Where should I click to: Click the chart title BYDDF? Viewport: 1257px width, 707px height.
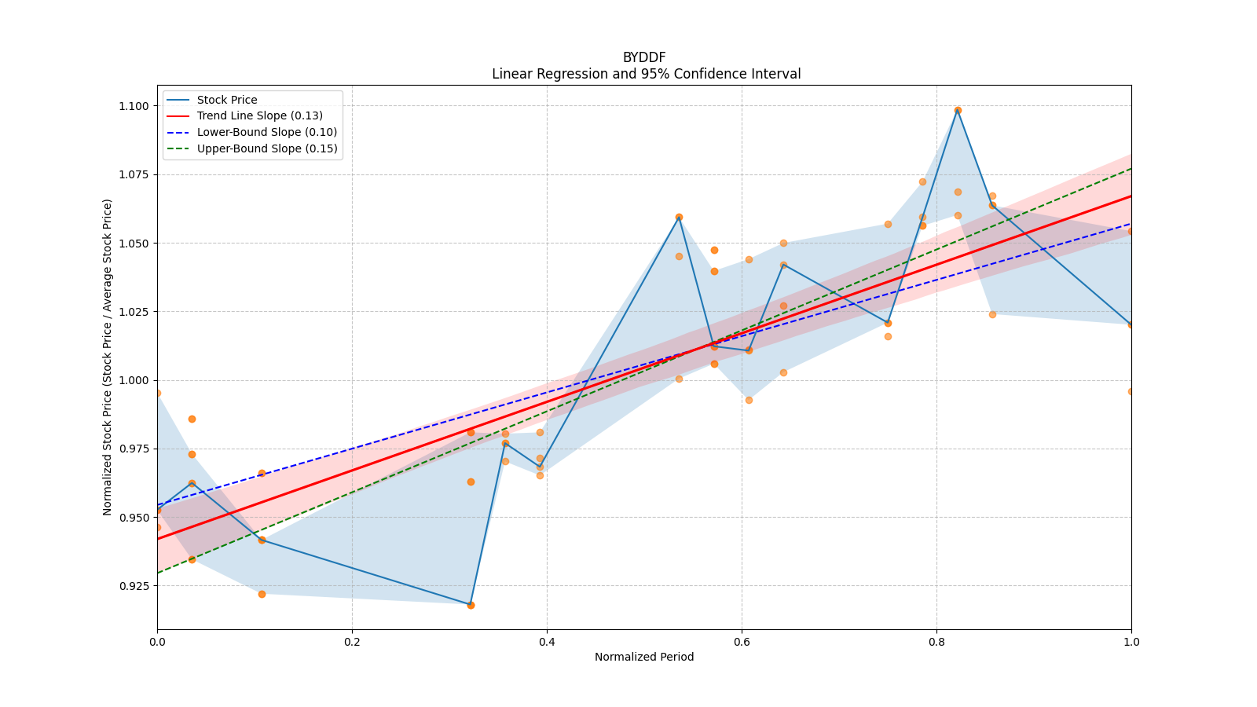pos(644,57)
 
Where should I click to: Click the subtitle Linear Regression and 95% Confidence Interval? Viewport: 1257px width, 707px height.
pos(646,74)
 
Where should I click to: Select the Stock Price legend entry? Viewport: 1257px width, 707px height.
pos(227,100)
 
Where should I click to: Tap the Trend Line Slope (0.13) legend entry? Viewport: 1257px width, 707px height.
pos(259,116)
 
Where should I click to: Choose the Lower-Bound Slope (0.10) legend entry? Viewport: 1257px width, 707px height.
pos(266,132)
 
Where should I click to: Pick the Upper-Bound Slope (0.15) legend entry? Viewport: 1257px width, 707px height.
pos(267,148)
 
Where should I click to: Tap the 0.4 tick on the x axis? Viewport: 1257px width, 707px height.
pos(547,642)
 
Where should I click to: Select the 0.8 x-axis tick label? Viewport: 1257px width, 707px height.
pos(936,642)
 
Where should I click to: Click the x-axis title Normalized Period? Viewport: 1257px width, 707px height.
pos(644,657)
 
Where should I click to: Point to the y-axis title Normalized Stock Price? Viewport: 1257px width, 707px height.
pos(108,357)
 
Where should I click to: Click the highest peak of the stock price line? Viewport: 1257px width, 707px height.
pos(958,110)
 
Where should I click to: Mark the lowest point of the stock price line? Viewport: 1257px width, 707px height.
pos(471,605)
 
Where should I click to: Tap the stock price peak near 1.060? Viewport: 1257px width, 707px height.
pos(679,217)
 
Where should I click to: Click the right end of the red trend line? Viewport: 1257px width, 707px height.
pos(1131,196)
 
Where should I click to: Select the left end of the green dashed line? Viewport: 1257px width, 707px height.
pos(158,573)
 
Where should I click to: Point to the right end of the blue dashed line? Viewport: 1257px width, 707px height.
pos(1131,223)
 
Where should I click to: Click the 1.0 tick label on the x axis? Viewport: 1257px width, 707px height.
pos(1131,642)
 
